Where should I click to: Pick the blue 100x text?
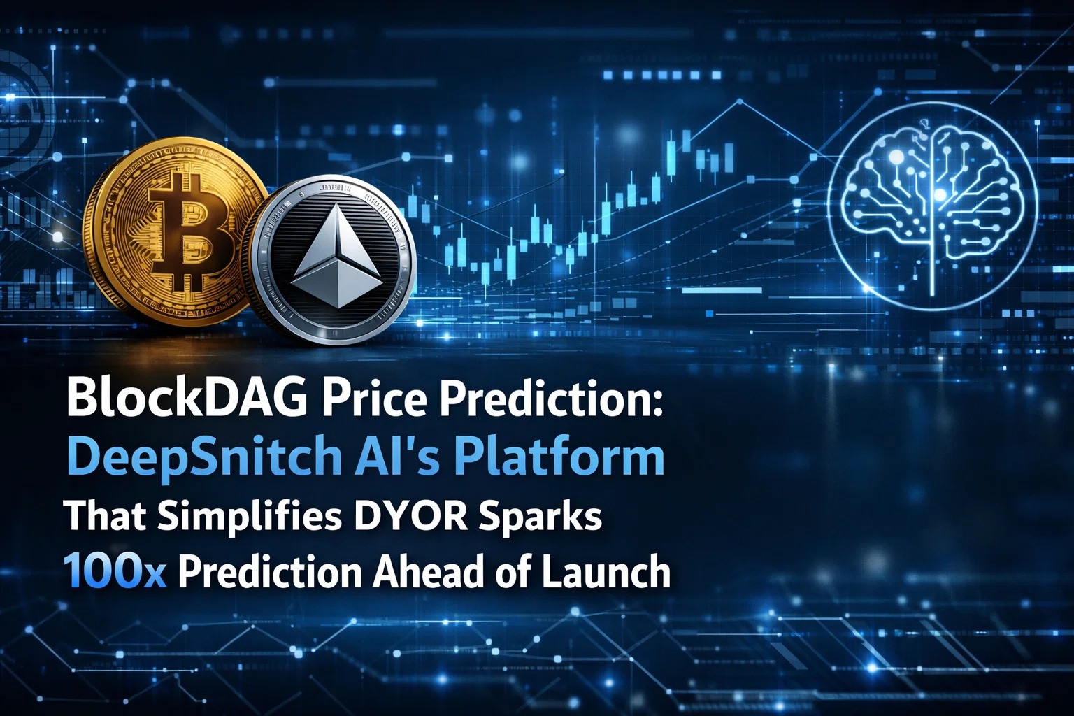coord(115,572)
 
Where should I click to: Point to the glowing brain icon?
coord(932,206)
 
